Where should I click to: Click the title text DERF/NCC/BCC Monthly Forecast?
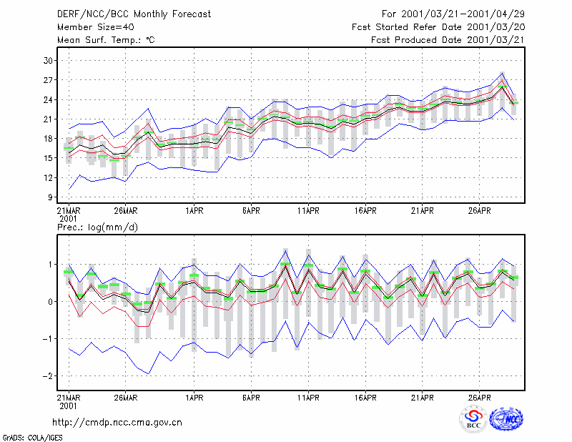(134, 14)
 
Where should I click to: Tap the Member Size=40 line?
(96, 27)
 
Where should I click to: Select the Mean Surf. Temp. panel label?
(106, 40)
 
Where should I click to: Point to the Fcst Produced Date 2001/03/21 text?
(448, 40)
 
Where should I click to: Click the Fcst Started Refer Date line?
(438, 27)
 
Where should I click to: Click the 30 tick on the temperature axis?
(48, 61)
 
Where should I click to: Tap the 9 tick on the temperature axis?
(50, 197)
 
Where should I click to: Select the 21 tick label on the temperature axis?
(48, 119)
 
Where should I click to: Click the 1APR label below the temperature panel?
(194, 211)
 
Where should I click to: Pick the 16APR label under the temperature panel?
(365, 211)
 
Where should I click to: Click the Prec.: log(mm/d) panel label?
(97, 227)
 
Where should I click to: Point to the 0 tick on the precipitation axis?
(50, 302)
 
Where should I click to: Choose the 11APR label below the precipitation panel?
(308, 398)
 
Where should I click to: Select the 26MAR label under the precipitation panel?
(126, 398)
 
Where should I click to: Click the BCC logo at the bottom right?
(473, 419)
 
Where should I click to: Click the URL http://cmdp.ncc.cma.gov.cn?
(117, 423)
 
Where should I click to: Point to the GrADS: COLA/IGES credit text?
(32, 438)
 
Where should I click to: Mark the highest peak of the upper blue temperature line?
(503, 74)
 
